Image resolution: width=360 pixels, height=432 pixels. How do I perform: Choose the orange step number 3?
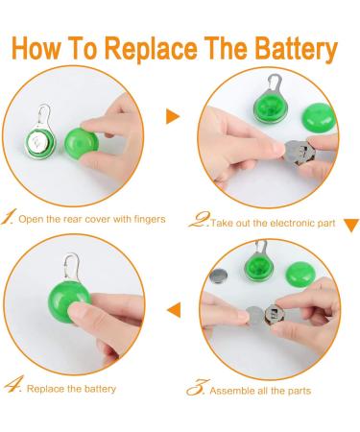(195, 388)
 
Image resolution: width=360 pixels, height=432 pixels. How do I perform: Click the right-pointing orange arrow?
(173, 116)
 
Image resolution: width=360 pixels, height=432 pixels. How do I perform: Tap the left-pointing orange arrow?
(174, 308)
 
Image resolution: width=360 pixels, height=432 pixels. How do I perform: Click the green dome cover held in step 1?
(77, 145)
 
